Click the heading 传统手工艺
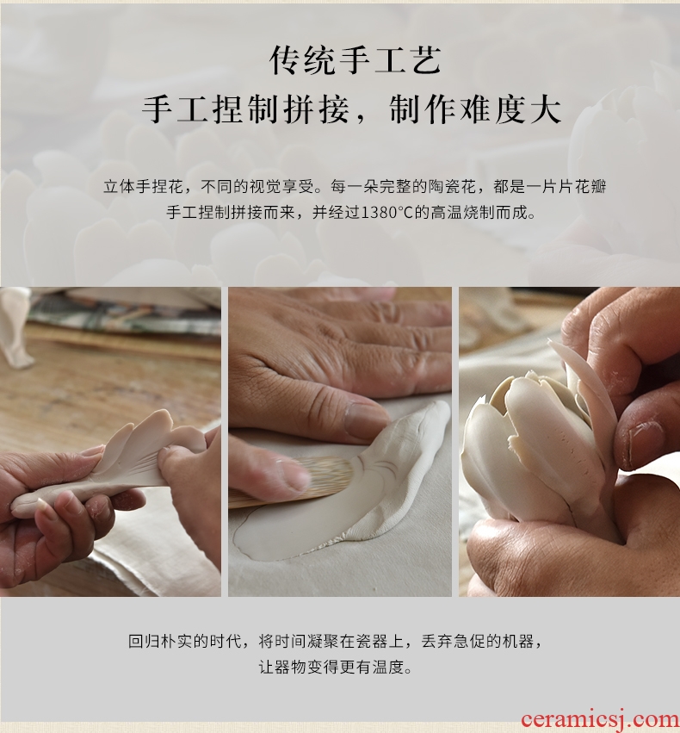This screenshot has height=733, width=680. click(x=355, y=61)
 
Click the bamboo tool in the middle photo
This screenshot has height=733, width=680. click(x=290, y=482)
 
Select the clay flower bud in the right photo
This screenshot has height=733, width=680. click(x=537, y=449)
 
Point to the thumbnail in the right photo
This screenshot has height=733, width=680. click(x=646, y=442)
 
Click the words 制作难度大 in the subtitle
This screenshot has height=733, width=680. click(x=475, y=110)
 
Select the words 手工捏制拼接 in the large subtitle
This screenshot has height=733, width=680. click(x=245, y=110)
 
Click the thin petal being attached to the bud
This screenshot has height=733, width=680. click(x=584, y=393)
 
